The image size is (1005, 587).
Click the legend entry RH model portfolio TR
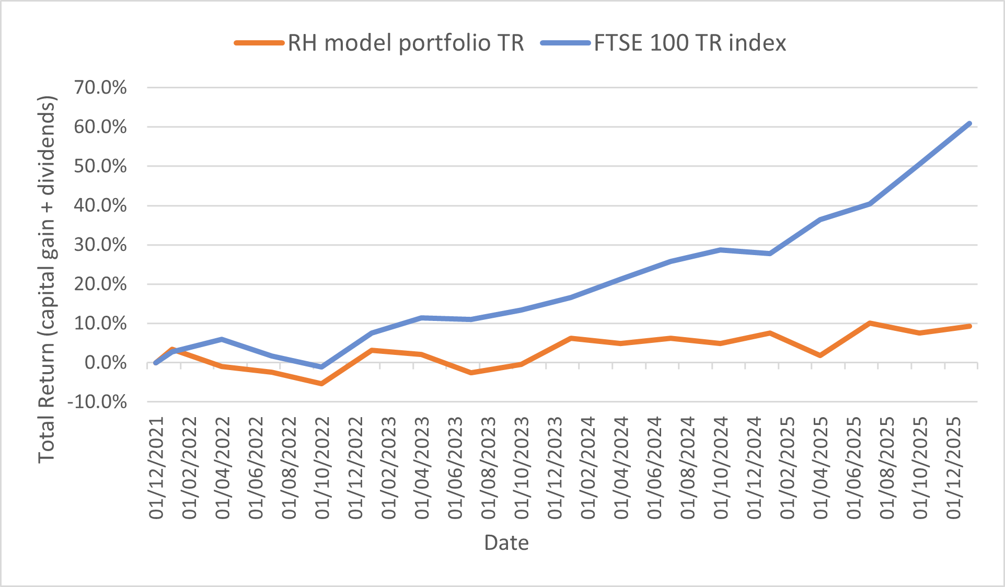click(406, 43)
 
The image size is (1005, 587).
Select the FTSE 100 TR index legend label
click(690, 43)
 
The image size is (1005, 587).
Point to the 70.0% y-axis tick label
click(100, 87)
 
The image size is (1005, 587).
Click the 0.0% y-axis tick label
click(106, 363)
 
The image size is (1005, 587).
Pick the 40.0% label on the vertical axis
click(100, 205)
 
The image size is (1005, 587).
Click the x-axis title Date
click(506, 543)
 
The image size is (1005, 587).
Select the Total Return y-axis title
click(47, 279)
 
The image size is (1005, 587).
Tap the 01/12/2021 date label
click(156, 468)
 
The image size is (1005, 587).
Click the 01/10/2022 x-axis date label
click(322, 468)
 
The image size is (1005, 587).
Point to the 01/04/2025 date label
click(821, 468)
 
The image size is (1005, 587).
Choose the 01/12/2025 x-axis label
click(954, 468)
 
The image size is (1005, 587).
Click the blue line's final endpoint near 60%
click(969, 124)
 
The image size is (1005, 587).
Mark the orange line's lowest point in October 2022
click(321, 384)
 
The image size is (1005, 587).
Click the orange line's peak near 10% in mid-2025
click(870, 323)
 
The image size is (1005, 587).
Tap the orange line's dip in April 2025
click(820, 355)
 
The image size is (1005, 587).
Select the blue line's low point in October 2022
click(321, 367)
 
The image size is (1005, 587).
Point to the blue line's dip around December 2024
click(770, 254)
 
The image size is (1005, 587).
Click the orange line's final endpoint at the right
click(969, 326)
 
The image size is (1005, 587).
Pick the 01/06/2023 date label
click(455, 468)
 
